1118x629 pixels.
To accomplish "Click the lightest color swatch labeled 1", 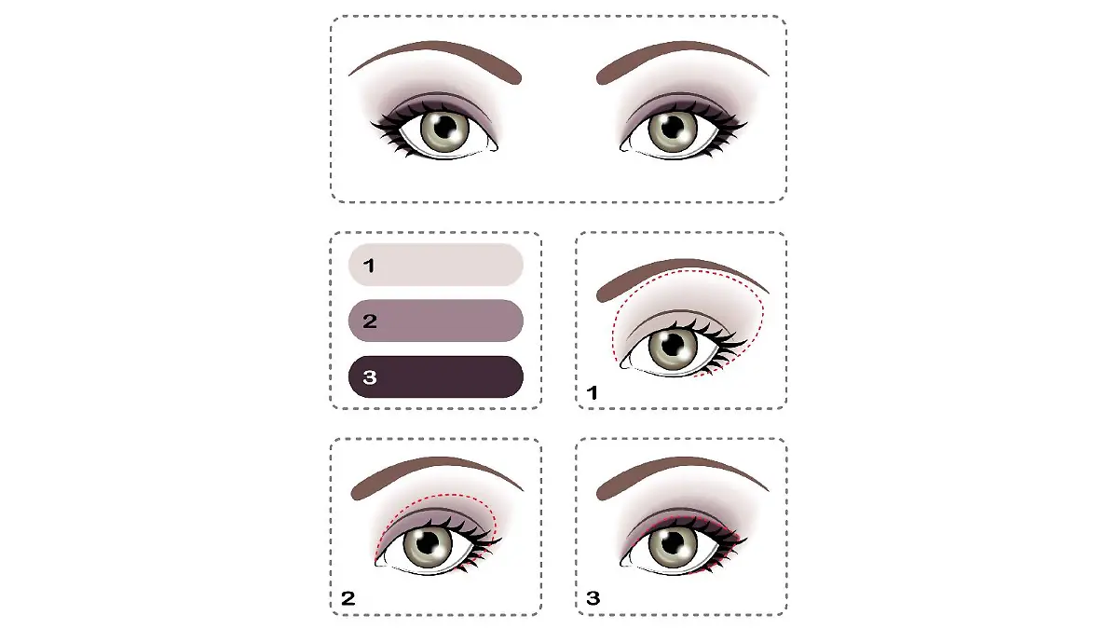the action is click(x=436, y=265).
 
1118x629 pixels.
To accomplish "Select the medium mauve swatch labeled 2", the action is click(x=436, y=321).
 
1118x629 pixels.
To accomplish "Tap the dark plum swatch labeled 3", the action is click(x=436, y=376).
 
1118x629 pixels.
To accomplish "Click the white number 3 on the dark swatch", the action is click(x=369, y=377).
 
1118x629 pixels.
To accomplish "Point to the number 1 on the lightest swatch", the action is click(x=369, y=266).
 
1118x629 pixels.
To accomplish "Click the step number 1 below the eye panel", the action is click(x=592, y=393).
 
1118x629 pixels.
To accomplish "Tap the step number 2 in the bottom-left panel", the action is click(x=348, y=598).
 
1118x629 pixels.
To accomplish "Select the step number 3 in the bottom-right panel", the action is click(x=593, y=597).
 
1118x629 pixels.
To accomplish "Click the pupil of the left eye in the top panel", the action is click(x=444, y=128).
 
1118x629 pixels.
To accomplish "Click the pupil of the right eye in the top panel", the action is click(x=672, y=128).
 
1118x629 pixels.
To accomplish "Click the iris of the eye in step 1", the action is click(x=673, y=346).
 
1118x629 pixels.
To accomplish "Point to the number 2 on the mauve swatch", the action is click(x=370, y=321).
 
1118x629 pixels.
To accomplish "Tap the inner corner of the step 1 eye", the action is click(x=623, y=365).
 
